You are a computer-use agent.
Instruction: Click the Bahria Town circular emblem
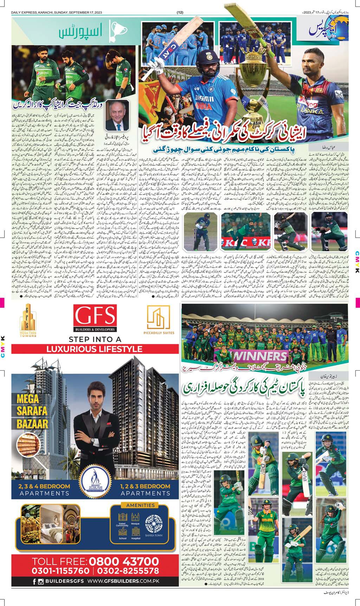(x=154, y=523)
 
